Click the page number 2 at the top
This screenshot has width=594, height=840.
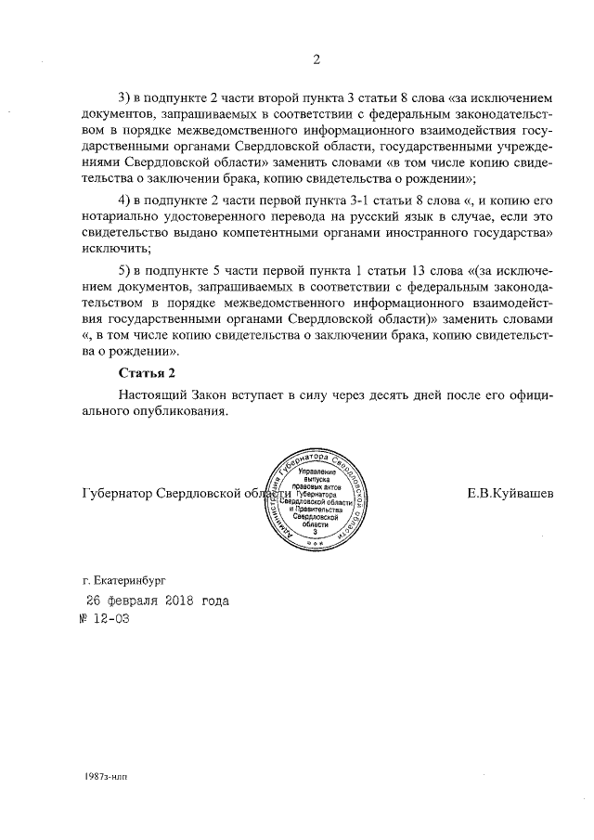pos(316,62)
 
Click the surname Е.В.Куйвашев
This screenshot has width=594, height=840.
pos(510,493)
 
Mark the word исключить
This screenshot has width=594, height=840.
pos(114,250)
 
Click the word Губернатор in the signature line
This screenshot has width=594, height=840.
pos(117,493)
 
